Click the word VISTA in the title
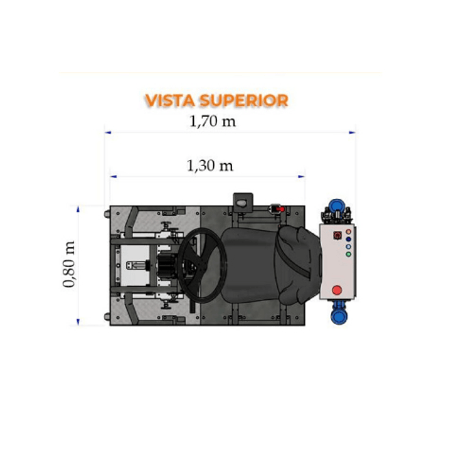170,100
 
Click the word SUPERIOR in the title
244,100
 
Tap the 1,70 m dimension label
213,121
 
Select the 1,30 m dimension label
210,166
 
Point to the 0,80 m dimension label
69,264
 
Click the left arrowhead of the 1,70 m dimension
108,132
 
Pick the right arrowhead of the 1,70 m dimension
352,132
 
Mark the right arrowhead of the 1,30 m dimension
301,177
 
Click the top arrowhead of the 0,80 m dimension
78,209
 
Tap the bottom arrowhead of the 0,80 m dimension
78,322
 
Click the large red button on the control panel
337,290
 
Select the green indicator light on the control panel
348,254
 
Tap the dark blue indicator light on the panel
348,239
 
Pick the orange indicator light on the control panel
348,231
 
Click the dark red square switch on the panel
337,235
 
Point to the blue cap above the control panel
337,206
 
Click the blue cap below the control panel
339,316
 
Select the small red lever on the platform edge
280,209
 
